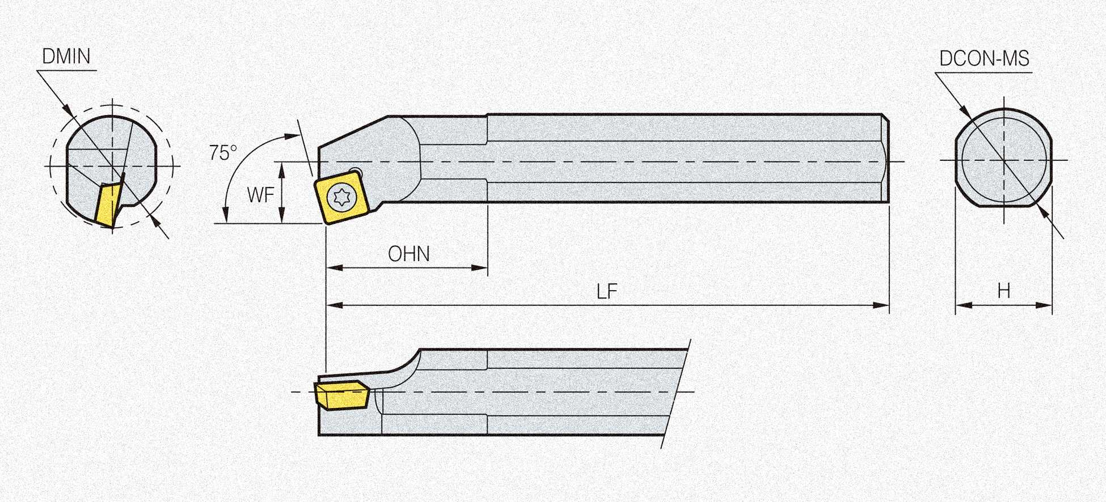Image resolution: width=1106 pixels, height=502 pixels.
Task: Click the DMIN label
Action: [x=66, y=57]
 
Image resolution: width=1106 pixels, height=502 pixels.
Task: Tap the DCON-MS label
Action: [x=984, y=59]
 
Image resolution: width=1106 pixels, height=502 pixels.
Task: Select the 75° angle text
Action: [x=223, y=152]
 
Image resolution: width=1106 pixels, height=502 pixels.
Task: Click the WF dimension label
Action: [x=260, y=195]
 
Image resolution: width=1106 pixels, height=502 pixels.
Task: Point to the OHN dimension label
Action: [x=408, y=254]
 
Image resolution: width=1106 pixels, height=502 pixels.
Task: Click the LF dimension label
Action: [x=606, y=292]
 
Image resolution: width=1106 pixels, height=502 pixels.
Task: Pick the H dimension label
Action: [x=1003, y=291]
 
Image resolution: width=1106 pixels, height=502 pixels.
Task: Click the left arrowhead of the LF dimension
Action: [x=335, y=305]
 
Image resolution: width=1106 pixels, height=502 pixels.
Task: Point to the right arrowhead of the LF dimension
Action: [x=880, y=305]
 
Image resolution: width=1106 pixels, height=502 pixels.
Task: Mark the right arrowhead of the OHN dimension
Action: [x=479, y=267]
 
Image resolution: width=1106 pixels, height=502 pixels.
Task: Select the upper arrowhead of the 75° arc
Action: [x=292, y=136]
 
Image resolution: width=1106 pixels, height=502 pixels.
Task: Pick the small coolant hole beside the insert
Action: [x=356, y=172]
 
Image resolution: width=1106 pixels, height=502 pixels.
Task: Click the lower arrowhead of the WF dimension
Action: [x=281, y=215]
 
